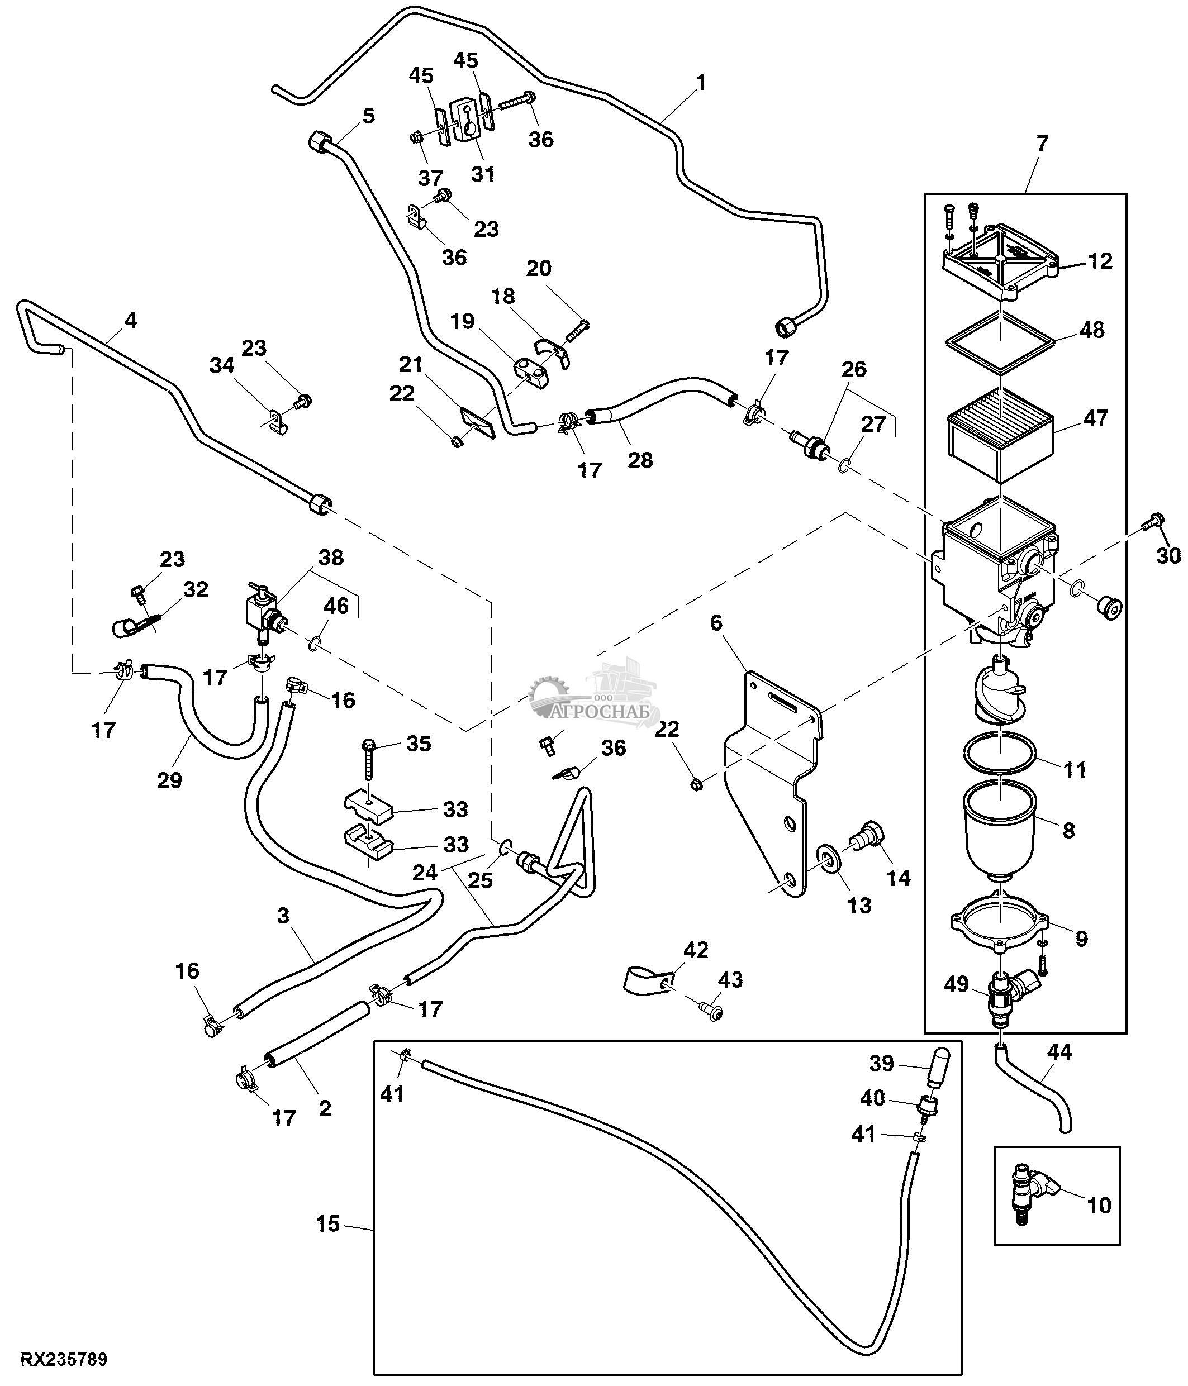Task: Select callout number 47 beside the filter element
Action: (1096, 418)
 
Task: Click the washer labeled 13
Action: (829, 859)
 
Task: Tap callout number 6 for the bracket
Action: (716, 623)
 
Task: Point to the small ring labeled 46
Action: (315, 644)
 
